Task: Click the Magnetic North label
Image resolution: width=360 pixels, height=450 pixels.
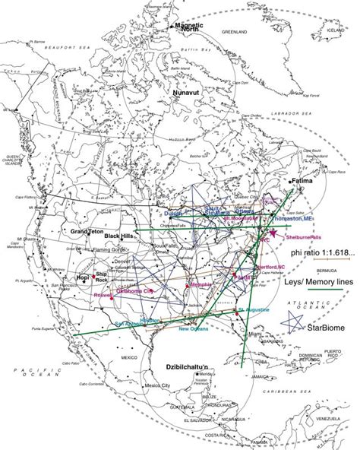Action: [x=189, y=28]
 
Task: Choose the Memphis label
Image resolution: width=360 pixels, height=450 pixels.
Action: [x=200, y=284]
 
